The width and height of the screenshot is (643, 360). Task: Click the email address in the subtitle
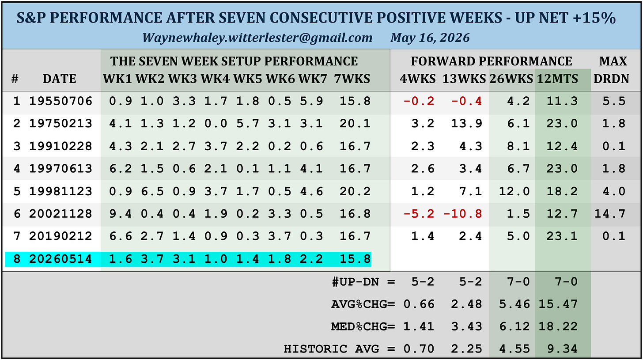tap(257, 38)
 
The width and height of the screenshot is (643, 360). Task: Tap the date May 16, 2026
tap(430, 38)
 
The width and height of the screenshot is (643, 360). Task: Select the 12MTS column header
tap(557, 79)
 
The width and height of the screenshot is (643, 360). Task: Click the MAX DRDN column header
tap(612, 70)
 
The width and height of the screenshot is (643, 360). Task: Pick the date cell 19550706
tap(61, 101)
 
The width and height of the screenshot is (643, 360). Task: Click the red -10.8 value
tap(462, 214)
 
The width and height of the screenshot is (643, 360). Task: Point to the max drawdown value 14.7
tap(610, 214)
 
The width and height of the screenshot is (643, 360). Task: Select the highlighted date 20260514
tap(61, 259)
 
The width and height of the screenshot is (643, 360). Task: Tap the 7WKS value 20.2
tap(355, 191)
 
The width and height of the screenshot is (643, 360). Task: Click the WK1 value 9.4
tap(121, 214)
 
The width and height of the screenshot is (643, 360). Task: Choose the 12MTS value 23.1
tap(562, 236)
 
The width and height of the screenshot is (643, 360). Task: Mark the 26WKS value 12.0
tap(514, 191)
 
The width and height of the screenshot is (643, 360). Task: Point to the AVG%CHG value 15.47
tap(558, 304)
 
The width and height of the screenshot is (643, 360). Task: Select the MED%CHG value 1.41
tap(419, 327)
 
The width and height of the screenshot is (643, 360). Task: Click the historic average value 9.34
tap(562, 349)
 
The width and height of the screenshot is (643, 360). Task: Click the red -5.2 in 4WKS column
tap(419, 214)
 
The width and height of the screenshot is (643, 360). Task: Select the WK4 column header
tap(215, 79)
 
